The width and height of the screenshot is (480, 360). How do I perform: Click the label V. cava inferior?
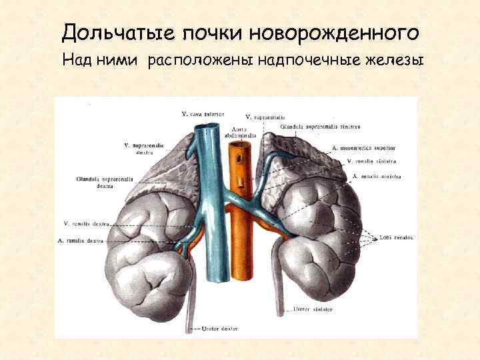click(203, 113)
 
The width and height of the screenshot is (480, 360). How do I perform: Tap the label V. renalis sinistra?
click(372, 161)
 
